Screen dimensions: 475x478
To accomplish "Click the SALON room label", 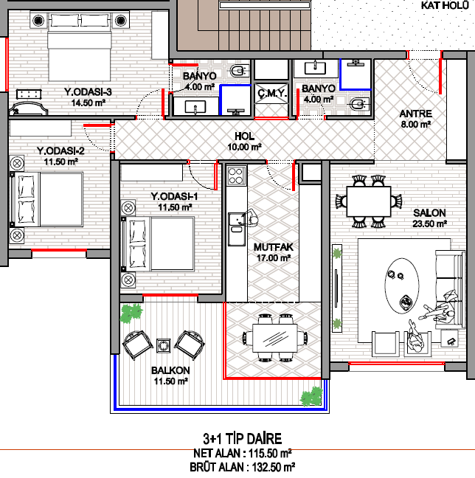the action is pyautogui.click(x=429, y=212).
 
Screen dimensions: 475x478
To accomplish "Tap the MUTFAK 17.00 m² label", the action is pyautogui.click(x=274, y=252).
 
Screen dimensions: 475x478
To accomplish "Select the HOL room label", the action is pyautogui.click(x=245, y=136).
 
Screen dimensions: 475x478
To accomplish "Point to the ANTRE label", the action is pyautogui.click(x=415, y=114).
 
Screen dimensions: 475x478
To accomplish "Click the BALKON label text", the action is pyautogui.click(x=170, y=370).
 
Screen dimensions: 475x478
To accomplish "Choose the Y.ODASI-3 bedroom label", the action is pyautogui.click(x=88, y=91).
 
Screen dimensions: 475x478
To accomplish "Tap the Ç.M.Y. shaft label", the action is pyautogui.click(x=271, y=93).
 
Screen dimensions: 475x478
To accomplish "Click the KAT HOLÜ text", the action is pyautogui.click(x=445, y=5).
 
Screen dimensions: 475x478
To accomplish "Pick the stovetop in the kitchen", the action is pyautogui.click(x=236, y=176).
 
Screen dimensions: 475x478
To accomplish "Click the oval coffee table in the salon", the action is pyautogui.click(x=402, y=286).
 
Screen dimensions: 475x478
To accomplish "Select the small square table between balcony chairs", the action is pyautogui.click(x=164, y=346).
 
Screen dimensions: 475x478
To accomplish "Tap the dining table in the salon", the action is pyautogui.click(x=369, y=201).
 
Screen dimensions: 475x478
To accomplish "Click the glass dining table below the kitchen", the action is pyautogui.click(x=274, y=338).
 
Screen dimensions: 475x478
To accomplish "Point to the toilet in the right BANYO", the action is pyautogui.click(x=359, y=105).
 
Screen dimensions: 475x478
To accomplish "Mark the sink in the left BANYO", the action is pyautogui.click(x=195, y=107).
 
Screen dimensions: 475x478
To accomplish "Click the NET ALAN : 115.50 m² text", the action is pyautogui.click(x=243, y=454).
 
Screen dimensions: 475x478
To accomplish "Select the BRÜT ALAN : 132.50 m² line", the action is pyautogui.click(x=242, y=467).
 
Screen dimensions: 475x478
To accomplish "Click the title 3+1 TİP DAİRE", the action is pyautogui.click(x=243, y=439).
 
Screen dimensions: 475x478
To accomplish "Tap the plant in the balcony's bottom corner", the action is pyautogui.click(x=311, y=396).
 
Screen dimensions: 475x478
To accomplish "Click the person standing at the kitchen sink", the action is pyautogui.click(x=251, y=218).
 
